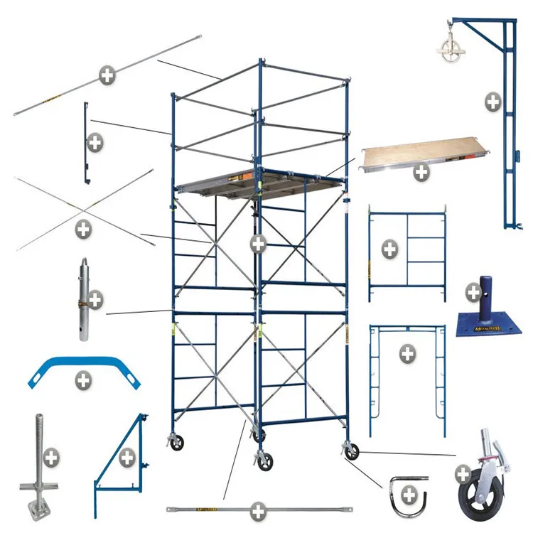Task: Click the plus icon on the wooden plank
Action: [421, 171]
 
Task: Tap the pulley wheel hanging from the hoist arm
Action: [449, 53]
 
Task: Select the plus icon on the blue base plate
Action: [473, 291]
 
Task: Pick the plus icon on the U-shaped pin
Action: [409, 493]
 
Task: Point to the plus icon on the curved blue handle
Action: [83, 379]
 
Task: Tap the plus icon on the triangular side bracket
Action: [127, 456]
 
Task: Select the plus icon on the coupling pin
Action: [95, 299]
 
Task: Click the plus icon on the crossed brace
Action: [84, 230]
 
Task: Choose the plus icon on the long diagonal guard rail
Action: [107, 75]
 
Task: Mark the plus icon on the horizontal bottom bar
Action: [258, 510]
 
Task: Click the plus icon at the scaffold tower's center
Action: [258, 244]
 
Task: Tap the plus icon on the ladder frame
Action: [389, 249]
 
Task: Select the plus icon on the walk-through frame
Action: [407, 354]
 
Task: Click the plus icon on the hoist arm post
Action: [492, 102]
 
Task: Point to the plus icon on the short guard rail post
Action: [95, 142]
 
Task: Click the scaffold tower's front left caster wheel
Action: [176, 443]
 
